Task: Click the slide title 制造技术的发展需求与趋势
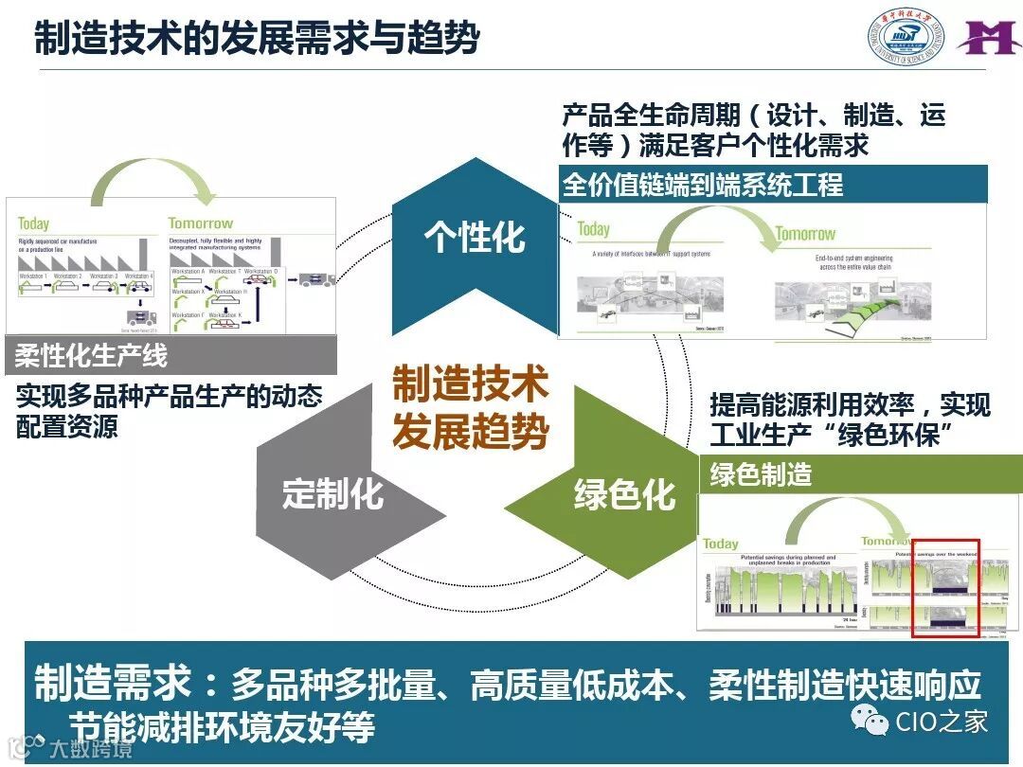click(x=257, y=39)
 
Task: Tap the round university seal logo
click(x=906, y=40)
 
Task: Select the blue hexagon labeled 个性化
click(x=475, y=237)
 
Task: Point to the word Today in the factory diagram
click(x=34, y=224)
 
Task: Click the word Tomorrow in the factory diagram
click(x=200, y=223)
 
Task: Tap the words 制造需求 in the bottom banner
click(x=113, y=683)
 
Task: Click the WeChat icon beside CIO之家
click(x=870, y=722)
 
